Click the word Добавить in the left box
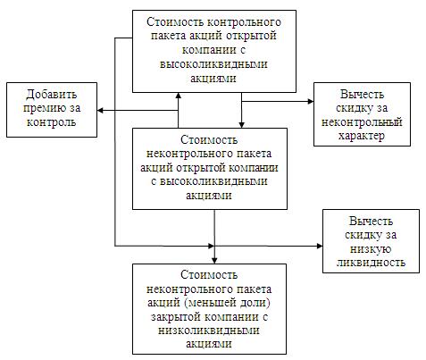52,95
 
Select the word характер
362,136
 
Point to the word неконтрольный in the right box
362,121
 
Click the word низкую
371,248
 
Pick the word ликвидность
371,263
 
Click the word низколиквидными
209,331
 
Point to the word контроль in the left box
51,122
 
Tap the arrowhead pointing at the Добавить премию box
100,111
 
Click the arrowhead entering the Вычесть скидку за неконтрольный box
311,101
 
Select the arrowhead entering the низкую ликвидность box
320,246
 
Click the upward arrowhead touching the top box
179,96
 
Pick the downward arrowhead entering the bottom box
214,261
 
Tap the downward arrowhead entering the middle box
242,125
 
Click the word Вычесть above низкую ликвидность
371,222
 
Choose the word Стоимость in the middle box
209,140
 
